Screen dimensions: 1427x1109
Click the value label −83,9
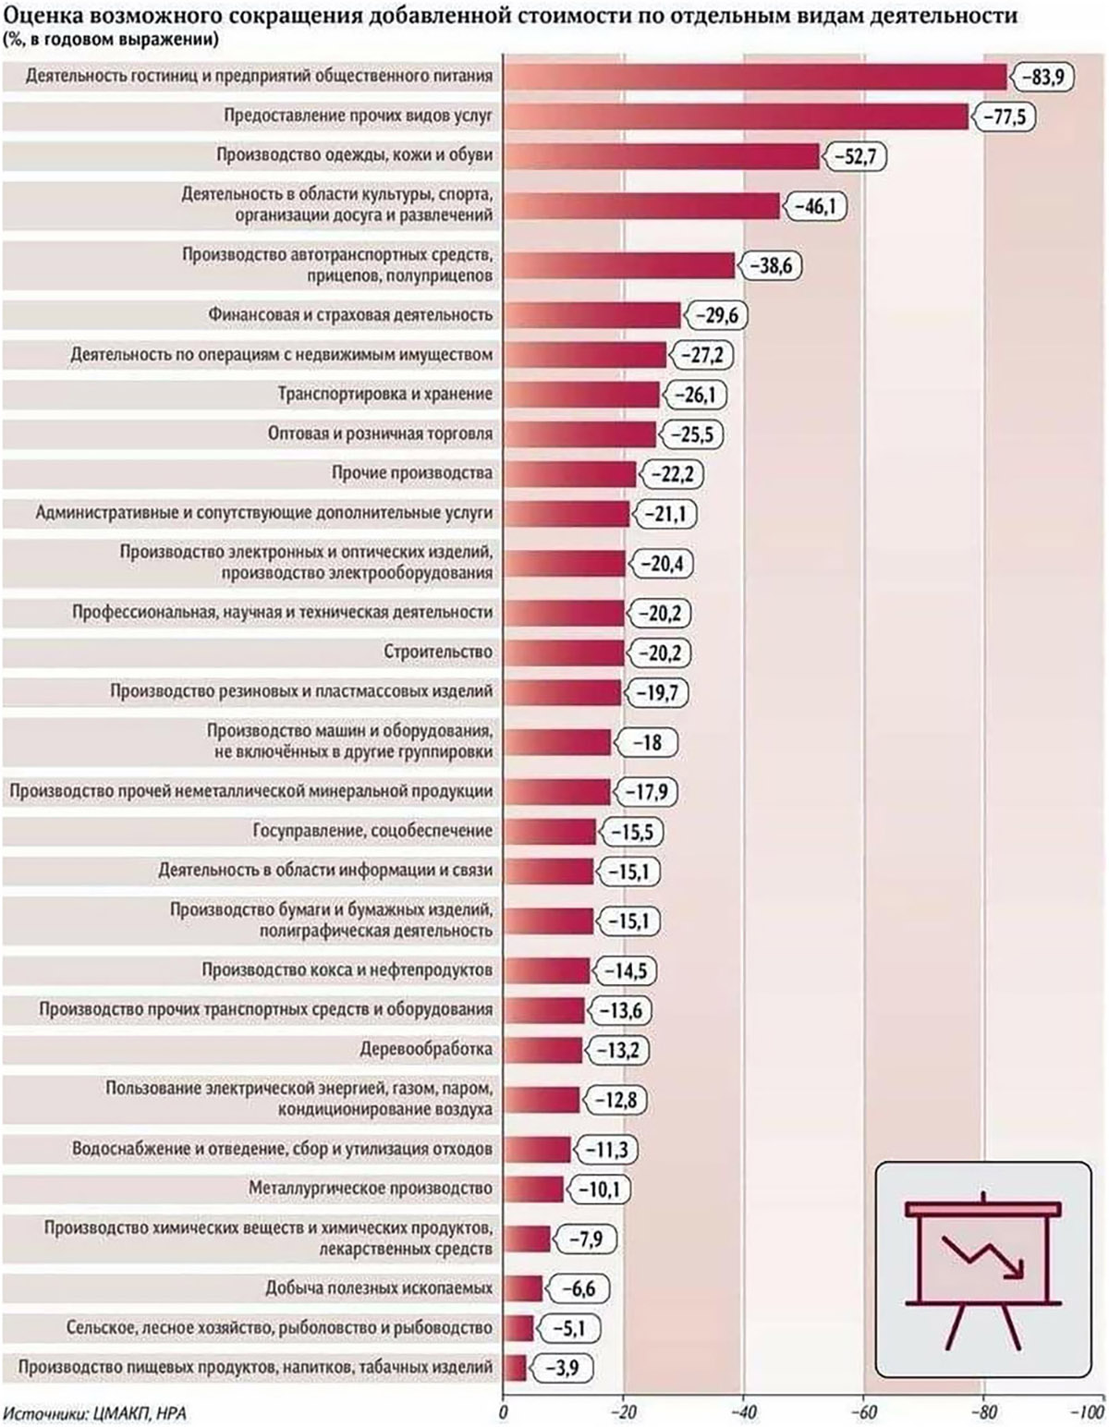point(1042,77)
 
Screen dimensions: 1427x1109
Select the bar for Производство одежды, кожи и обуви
point(661,156)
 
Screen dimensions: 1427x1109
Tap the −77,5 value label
point(1004,116)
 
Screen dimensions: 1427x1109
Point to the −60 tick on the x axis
point(863,1411)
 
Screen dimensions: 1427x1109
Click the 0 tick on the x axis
point(504,1411)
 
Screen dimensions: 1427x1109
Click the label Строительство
point(438,653)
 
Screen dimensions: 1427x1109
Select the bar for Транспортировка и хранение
point(581,395)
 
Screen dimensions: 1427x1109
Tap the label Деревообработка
point(426,1049)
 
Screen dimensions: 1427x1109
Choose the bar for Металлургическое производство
point(533,1189)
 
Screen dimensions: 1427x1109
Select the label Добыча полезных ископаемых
point(379,1287)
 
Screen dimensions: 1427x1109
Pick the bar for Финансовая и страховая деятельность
point(591,315)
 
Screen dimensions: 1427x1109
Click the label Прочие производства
point(412,473)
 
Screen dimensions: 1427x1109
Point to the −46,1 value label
point(813,206)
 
